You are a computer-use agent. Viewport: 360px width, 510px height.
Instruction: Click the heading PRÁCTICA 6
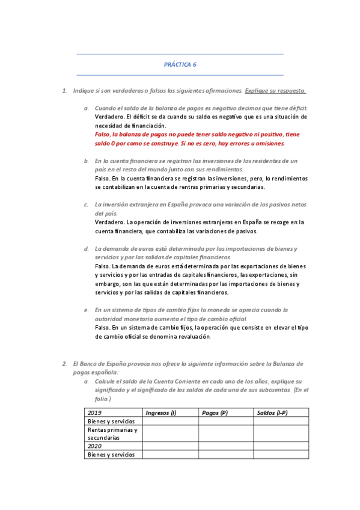[180, 64]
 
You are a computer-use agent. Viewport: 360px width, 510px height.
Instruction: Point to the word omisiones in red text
[269, 144]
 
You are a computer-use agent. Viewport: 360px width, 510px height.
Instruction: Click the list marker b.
[86, 161]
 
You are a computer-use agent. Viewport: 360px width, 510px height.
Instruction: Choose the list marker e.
[86, 310]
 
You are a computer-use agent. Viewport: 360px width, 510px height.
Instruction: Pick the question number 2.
[64, 364]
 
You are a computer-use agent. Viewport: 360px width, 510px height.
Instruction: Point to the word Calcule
[105, 381]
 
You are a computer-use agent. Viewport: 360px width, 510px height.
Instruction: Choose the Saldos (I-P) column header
[272, 413]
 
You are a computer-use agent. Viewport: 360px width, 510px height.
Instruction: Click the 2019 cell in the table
[94, 413]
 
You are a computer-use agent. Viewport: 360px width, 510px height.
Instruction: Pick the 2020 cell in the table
[94, 446]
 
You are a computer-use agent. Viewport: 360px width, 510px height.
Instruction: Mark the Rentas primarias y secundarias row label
[112, 434]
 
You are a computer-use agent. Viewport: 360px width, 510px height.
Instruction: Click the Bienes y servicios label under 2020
[112, 455]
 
